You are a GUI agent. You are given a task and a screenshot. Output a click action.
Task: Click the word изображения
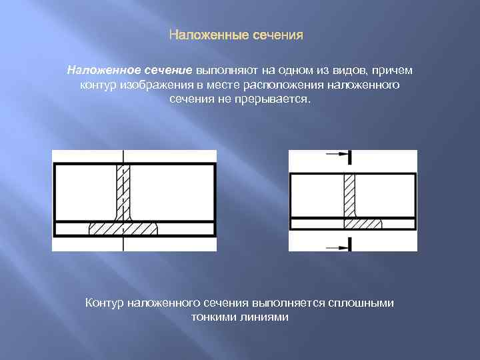click(x=158, y=85)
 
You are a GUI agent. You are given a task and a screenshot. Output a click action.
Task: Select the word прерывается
click(x=276, y=99)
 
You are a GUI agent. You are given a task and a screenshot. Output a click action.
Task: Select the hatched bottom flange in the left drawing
click(x=123, y=228)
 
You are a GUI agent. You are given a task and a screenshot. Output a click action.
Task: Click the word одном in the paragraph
click(x=297, y=71)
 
